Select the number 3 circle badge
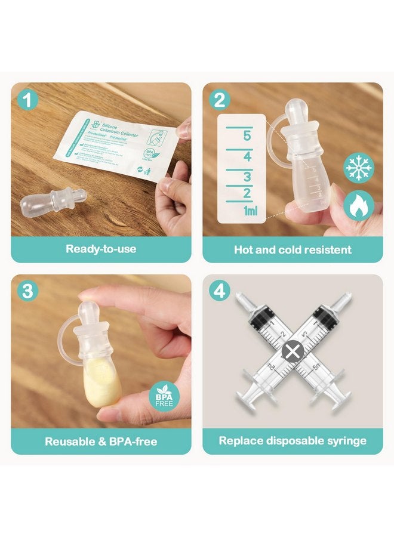pos(27,291)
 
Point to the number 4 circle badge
pos(220,291)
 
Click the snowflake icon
pos(359,166)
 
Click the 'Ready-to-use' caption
pos(101,249)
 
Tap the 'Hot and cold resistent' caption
pos(293,249)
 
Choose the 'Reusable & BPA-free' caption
pos(101,442)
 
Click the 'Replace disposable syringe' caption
pos(293,442)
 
